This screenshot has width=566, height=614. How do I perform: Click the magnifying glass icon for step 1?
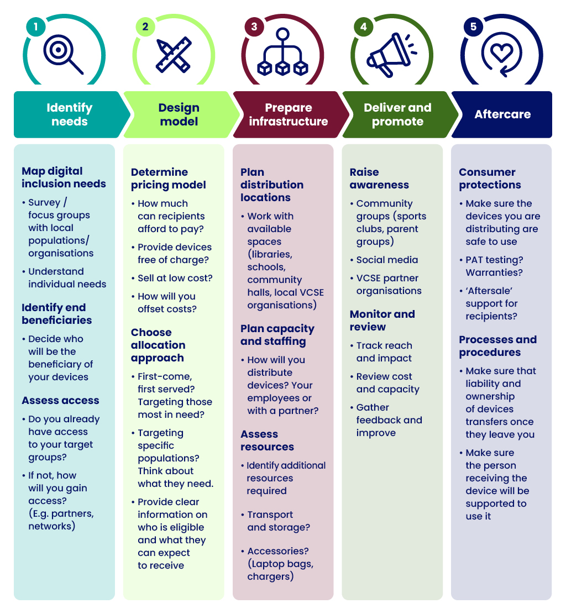click(62, 54)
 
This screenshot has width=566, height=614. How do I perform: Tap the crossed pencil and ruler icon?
click(174, 55)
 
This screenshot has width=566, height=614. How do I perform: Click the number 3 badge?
click(254, 27)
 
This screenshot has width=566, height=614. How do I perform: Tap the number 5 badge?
click(473, 27)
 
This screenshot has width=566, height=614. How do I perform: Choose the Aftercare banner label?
click(502, 114)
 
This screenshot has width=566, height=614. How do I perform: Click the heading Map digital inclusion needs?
click(64, 177)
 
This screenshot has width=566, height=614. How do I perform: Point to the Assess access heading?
click(60, 401)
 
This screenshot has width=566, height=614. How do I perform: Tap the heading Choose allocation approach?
click(158, 345)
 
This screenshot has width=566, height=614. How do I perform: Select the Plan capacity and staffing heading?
click(277, 335)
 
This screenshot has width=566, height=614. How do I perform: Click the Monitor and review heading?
click(382, 321)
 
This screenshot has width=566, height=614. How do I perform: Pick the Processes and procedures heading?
click(497, 346)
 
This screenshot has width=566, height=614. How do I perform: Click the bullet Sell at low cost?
click(172, 278)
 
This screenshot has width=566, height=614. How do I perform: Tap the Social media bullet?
click(384, 260)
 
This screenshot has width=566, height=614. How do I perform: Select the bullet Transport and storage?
click(275, 521)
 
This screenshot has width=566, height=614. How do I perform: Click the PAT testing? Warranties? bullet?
click(491, 266)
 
